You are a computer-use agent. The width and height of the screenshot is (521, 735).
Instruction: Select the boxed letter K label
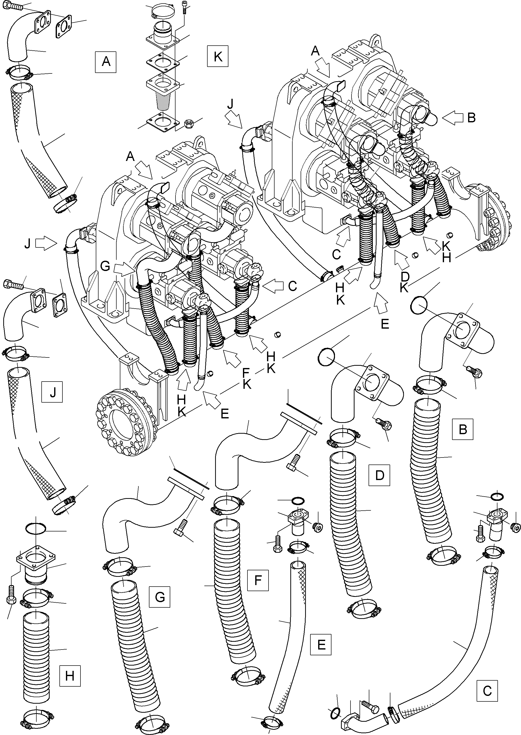(218, 56)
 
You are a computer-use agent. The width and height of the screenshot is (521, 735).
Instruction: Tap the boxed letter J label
(52, 392)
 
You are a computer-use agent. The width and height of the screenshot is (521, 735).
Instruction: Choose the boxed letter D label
(380, 475)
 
